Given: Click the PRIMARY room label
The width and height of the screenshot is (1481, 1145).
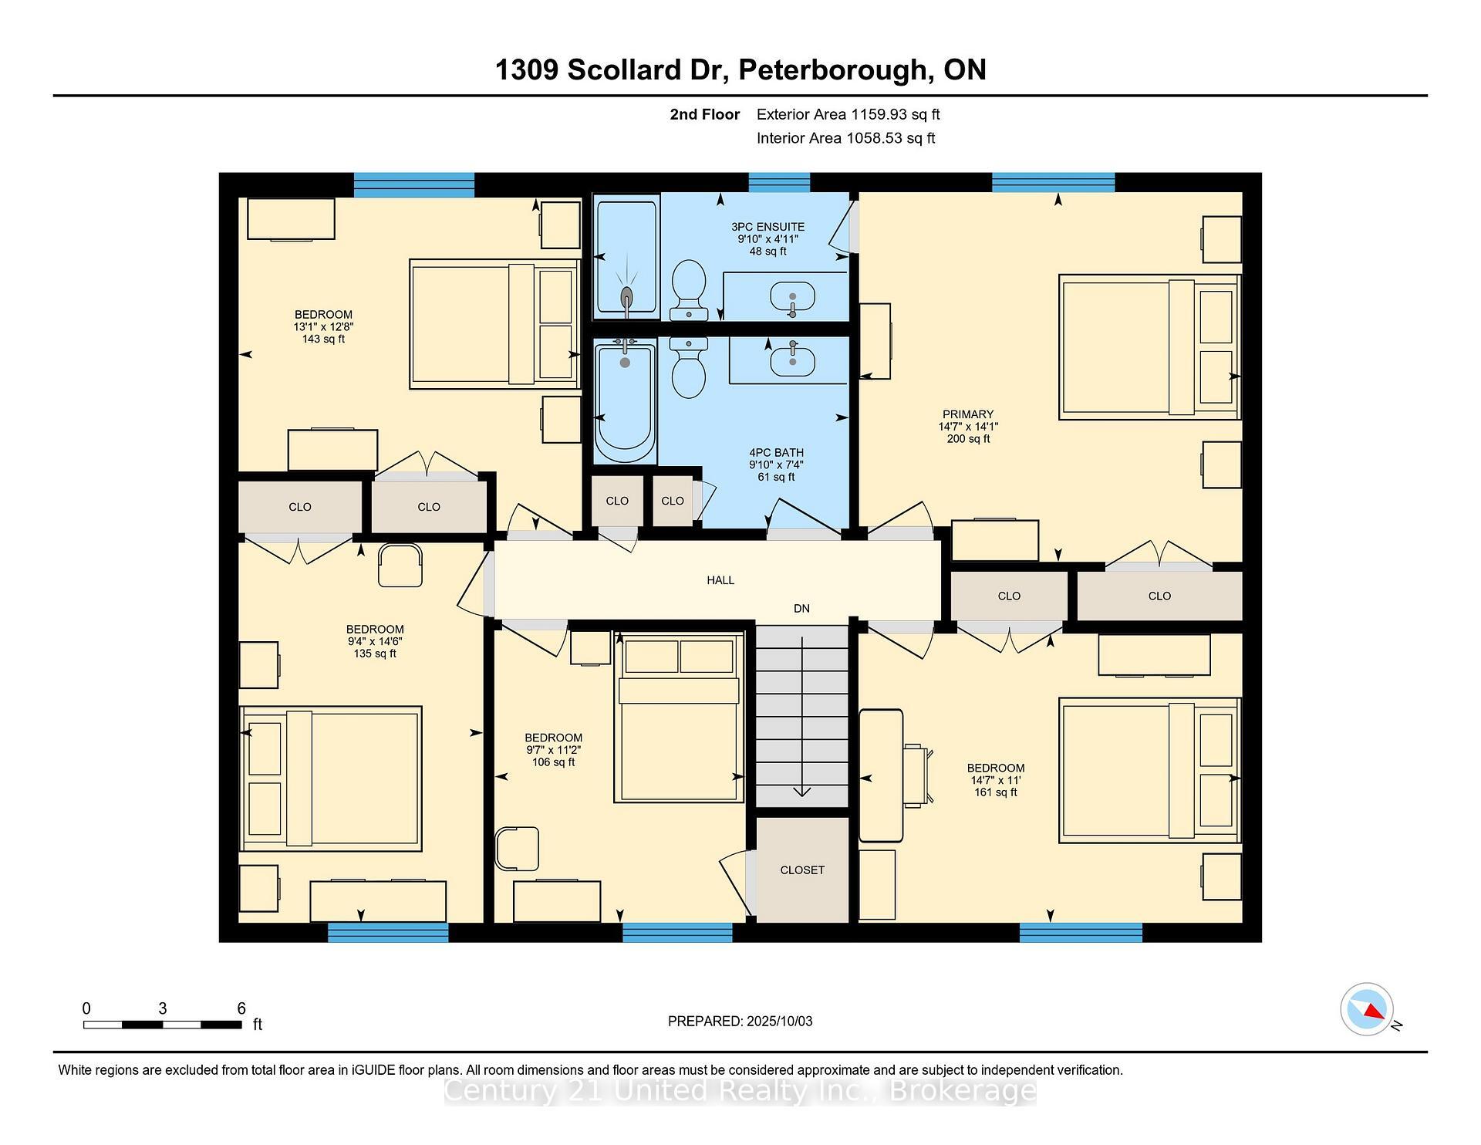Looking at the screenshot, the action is click(x=968, y=414).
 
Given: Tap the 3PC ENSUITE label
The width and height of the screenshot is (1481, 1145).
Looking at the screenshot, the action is click(x=767, y=227).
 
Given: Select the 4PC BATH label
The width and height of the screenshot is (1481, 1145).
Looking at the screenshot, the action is click(x=776, y=453).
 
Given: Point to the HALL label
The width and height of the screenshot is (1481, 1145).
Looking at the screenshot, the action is click(x=720, y=580).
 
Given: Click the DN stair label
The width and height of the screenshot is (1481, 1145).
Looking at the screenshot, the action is click(x=801, y=609).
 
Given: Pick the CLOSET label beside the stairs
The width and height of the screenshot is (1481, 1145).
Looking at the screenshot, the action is click(x=802, y=870).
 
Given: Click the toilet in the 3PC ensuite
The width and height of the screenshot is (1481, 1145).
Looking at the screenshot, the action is click(x=689, y=290).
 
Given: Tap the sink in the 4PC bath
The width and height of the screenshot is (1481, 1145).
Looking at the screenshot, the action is click(x=792, y=360).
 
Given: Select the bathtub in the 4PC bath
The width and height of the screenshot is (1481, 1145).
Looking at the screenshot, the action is click(x=625, y=401).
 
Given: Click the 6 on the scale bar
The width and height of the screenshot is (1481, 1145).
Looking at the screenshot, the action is click(x=241, y=1008).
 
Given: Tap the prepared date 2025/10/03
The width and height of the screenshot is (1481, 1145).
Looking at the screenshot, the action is click(x=780, y=1022).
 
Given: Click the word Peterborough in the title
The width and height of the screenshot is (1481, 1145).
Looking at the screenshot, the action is click(x=832, y=70).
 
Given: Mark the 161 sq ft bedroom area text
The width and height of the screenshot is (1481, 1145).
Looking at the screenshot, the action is click(x=995, y=792).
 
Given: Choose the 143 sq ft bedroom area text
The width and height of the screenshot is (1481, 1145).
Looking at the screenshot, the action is click(x=323, y=339).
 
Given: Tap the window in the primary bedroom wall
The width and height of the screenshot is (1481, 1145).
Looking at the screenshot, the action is click(x=1053, y=183).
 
